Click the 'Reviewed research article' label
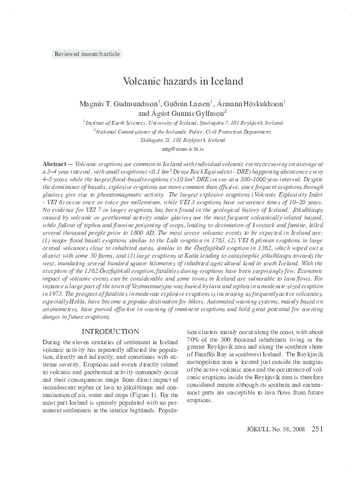coord(87,54)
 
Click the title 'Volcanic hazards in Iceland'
coord(179,82)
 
